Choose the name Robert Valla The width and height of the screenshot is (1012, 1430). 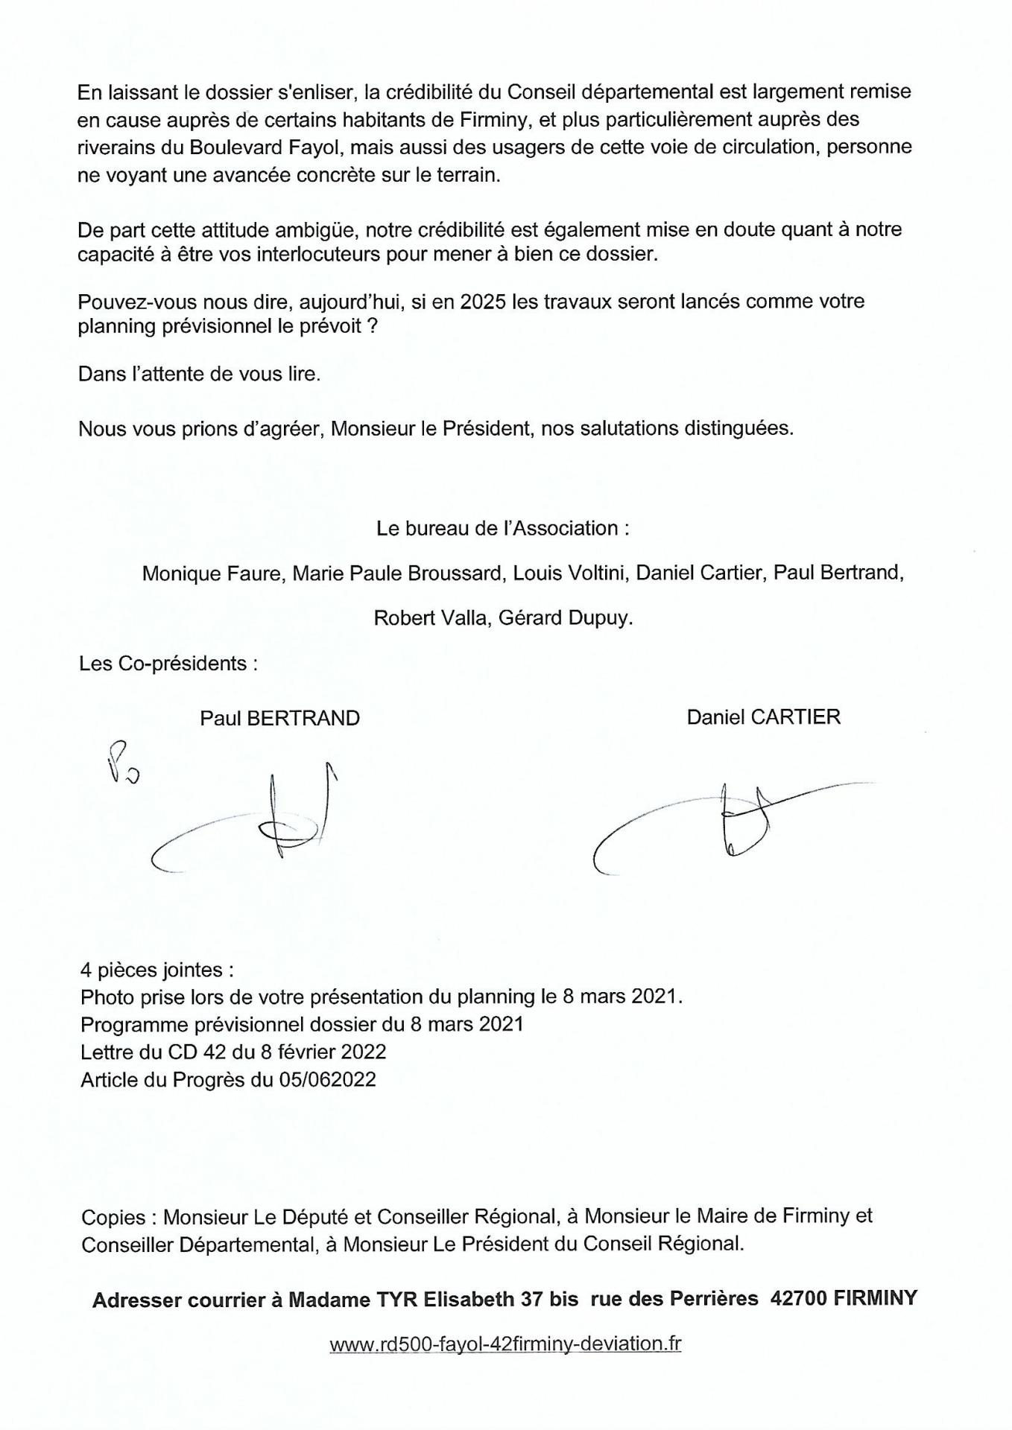click(429, 618)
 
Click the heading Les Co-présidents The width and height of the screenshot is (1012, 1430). click(168, 663)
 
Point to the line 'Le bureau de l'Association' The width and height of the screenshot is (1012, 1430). click(503, 528)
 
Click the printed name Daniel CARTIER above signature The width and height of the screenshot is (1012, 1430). click(763, 716)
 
